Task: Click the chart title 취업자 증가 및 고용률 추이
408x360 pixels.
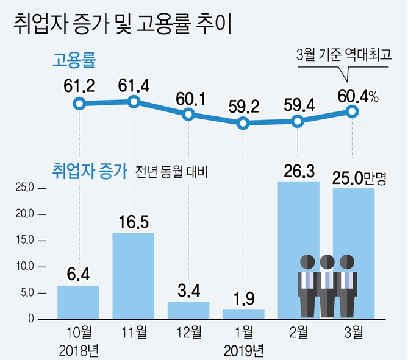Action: click(122, 25)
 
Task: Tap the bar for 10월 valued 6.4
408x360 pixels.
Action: click(78, 302)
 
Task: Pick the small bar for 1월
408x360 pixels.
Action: click(243, 314)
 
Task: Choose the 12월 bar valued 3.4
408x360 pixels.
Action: click(188, 310)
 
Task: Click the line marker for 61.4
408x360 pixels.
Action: click(134, 102)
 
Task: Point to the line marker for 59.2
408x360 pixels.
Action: click(243, 124)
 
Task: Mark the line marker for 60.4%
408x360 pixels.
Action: click(352, 111)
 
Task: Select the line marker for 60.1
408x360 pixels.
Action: click(188, 115)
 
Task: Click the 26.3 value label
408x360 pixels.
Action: click(298, 171)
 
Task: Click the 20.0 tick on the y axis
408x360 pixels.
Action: click(26, 214)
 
